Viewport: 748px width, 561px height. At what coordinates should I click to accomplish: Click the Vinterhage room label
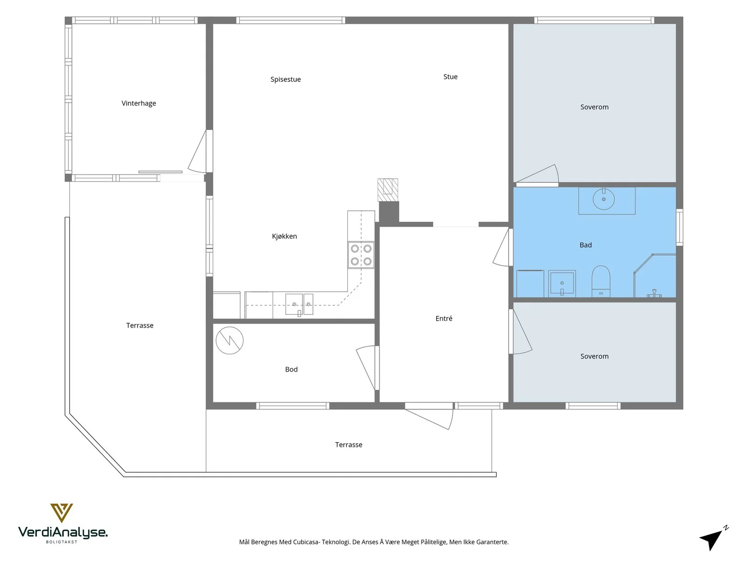(x=139, y=103)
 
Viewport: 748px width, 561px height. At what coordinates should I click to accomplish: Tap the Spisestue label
(x=286, y=79)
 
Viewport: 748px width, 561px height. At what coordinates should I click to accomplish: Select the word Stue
(x=450, y=77)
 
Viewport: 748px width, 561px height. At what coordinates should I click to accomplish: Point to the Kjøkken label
(x=284, y=236)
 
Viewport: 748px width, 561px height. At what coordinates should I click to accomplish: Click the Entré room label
(x=444, y=318)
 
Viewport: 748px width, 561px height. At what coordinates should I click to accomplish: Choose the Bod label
(x=291, y=369)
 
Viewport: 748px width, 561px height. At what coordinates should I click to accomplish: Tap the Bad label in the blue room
(x=585, y=245)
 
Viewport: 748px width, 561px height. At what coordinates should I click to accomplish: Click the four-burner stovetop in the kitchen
(x=361, y=255)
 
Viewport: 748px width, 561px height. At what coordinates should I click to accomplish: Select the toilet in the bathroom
(x=601, y=281)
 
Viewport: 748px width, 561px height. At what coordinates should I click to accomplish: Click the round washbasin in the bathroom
(x=604, y=199)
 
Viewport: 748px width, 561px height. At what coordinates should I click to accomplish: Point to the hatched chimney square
(x=388, y=190)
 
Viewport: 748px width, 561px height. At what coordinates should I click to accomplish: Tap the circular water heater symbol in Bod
(x=230, y=340)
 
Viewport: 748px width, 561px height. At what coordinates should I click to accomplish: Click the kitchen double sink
(x=299, y=304)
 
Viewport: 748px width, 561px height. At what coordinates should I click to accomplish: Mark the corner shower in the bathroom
(x=654, y=275)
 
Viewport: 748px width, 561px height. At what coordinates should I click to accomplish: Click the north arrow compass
(x=713, y=539)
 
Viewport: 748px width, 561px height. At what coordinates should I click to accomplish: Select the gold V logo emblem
(x=62, y=513)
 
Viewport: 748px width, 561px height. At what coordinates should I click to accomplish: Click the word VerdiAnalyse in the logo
(x=63, y=532)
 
